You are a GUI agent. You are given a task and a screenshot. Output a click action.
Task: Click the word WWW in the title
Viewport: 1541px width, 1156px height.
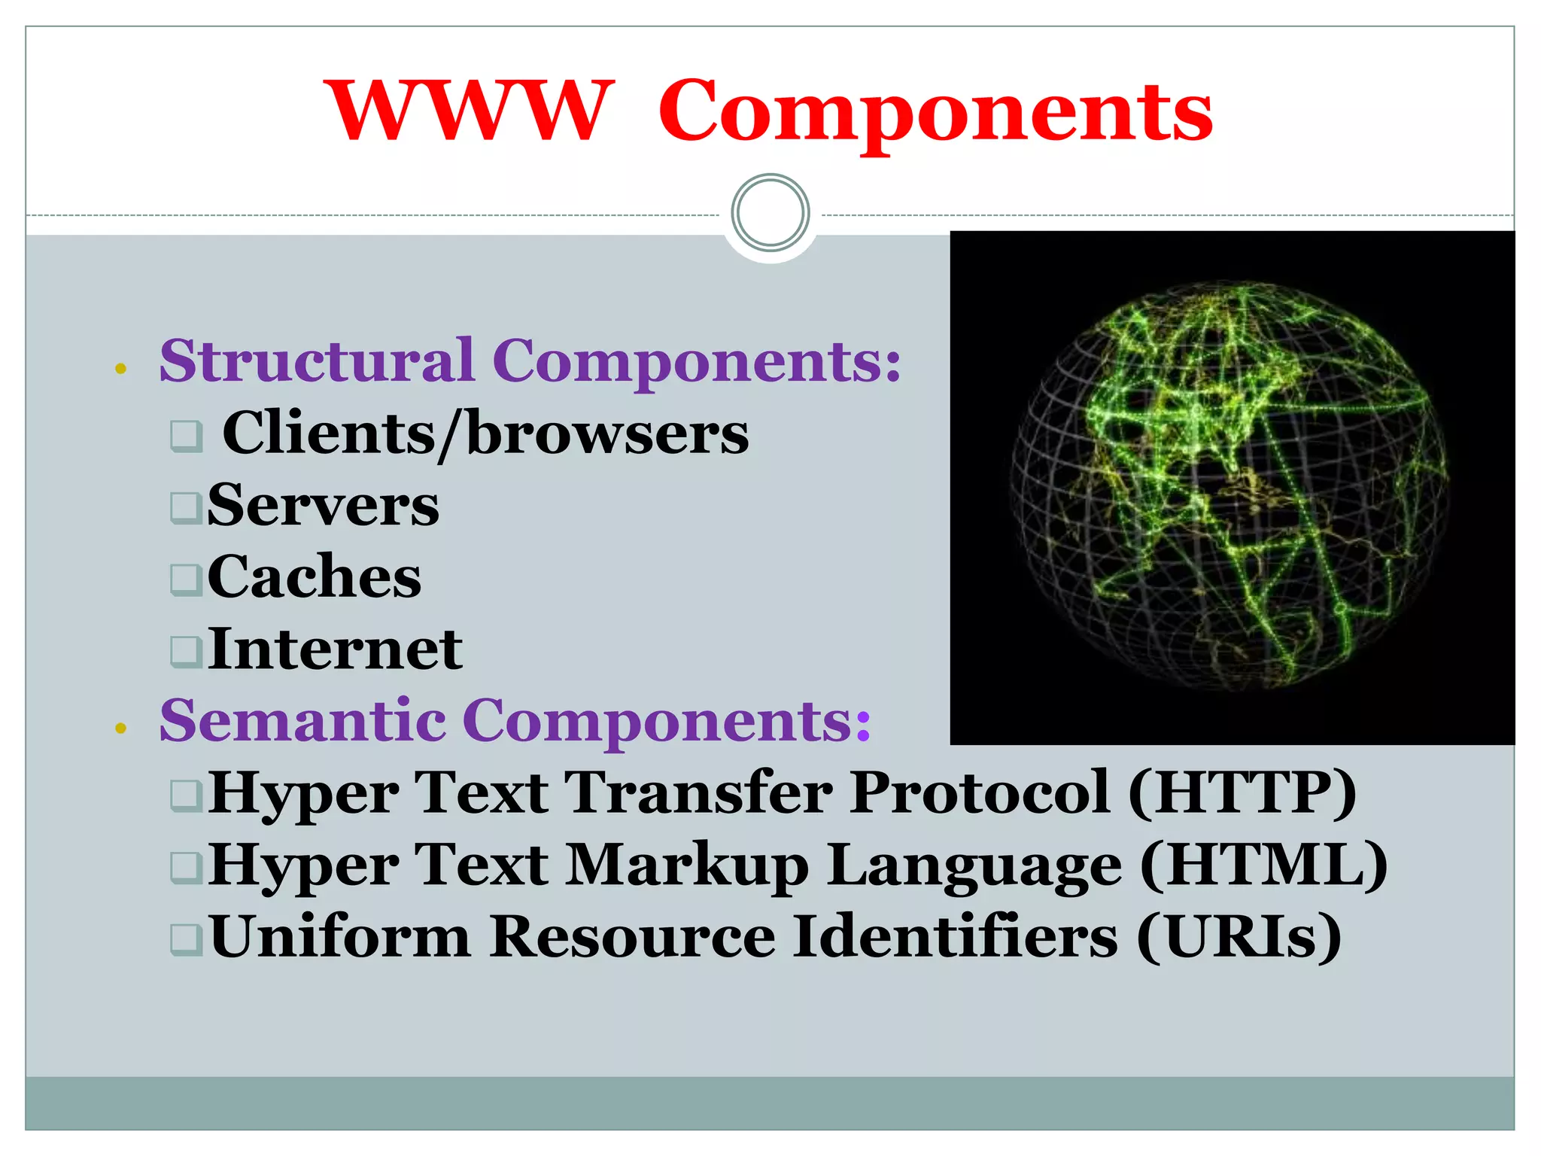click(467, 111)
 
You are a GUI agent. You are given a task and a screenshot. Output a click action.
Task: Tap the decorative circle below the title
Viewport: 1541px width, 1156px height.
click(770, 213)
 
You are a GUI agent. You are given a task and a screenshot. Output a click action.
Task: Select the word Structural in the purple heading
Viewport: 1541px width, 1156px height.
click(317, 360)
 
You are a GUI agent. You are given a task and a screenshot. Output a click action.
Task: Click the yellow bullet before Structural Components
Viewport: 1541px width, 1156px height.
click(120, 369)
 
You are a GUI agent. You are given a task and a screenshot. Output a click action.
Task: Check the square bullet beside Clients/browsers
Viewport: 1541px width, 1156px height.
click(186, 436)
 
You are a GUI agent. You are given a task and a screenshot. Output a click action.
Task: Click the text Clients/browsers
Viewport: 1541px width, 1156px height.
click(485, 433)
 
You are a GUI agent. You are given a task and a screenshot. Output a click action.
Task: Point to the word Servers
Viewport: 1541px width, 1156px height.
click(323, 505)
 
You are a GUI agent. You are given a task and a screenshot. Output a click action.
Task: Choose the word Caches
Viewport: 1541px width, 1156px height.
click(314, 576)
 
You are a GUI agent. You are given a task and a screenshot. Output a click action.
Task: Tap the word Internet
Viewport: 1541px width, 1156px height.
click(335, 649)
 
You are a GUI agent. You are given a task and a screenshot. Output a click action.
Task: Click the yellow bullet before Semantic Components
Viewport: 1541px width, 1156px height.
click(120, 728)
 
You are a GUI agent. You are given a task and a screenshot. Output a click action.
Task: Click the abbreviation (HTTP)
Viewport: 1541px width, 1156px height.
click(1242, 792)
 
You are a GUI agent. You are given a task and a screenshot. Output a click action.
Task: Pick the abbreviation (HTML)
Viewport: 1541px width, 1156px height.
click(1263, 865)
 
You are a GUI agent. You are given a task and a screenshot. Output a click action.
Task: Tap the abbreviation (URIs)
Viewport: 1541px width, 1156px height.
click(1239, 937)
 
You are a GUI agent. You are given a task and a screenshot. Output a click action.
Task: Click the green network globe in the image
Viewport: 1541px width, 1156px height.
click(1228, 485)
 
